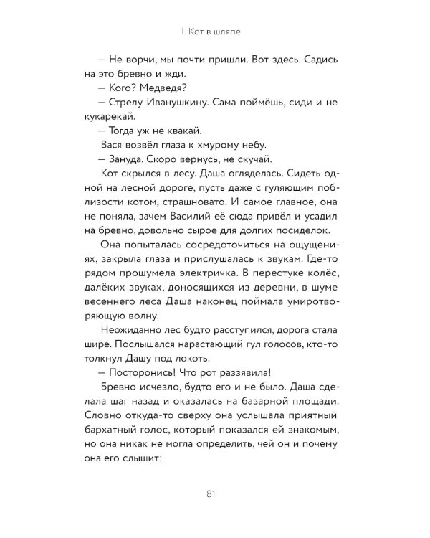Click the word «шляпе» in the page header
pos(236,32)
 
